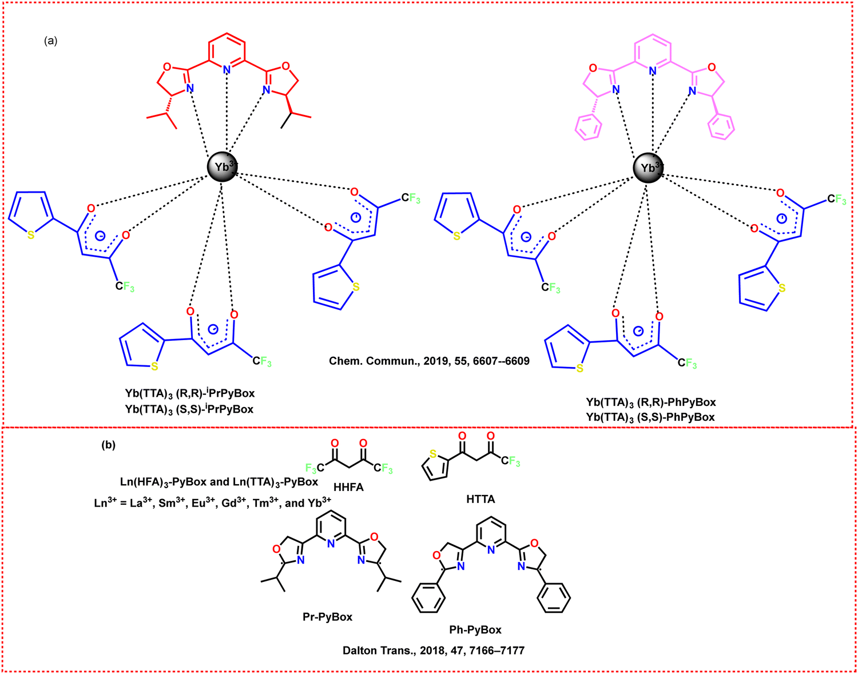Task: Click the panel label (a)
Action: click(x=50, y=41)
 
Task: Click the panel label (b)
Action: click(x=109, y=445)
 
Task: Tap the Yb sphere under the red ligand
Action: click(x=223, y=167)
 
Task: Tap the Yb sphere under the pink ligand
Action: click(x=648, y=168)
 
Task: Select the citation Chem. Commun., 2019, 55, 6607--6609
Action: click(x=429, y=361)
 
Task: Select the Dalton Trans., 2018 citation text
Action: click(x=434, y=651)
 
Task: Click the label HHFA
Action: click(x=348, y=487)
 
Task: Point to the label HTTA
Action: click(x=480, y=499)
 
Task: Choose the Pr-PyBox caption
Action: click(x=327, y=617)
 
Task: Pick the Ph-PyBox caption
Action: click(x=475, y=630)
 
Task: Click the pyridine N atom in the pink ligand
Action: click(x=652, y=71)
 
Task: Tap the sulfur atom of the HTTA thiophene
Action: click(x=433, y=454)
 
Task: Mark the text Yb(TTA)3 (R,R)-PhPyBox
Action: click(x=651, y=402)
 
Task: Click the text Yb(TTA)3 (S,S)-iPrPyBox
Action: click(x=189, y=409)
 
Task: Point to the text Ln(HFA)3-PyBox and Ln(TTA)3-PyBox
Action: click(x=219, y=482)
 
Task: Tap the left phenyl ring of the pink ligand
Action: click(x=589, y=127)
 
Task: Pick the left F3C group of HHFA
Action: click(x=315, y=468)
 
